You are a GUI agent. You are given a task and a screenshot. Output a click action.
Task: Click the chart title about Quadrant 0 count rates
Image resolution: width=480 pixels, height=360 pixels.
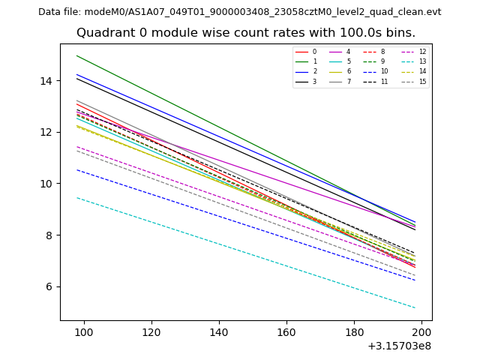[x=245, y=33]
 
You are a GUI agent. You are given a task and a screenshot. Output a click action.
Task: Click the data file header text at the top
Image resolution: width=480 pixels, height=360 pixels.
[x=239, y=12]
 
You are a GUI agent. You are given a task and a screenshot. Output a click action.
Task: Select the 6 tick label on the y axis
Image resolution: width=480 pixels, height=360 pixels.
[x=52, y=287]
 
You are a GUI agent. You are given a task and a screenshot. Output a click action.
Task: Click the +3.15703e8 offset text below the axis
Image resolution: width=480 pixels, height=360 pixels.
[x=399, y=346]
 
